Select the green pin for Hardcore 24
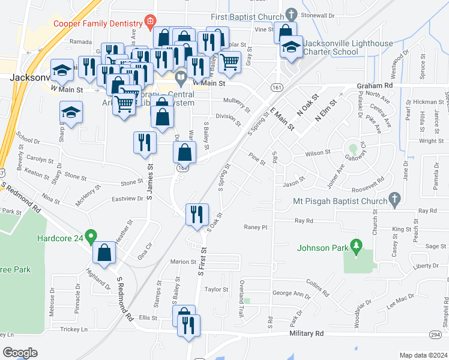[91, 237]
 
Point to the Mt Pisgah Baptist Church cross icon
[394, 198]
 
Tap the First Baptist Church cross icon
[291, 14]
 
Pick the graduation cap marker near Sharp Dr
[71, 112]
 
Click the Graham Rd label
[373, 86]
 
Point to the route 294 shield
[436, 333]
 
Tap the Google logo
[20, 352]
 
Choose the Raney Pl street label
[255, 227]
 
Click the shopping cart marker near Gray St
[229, 61]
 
